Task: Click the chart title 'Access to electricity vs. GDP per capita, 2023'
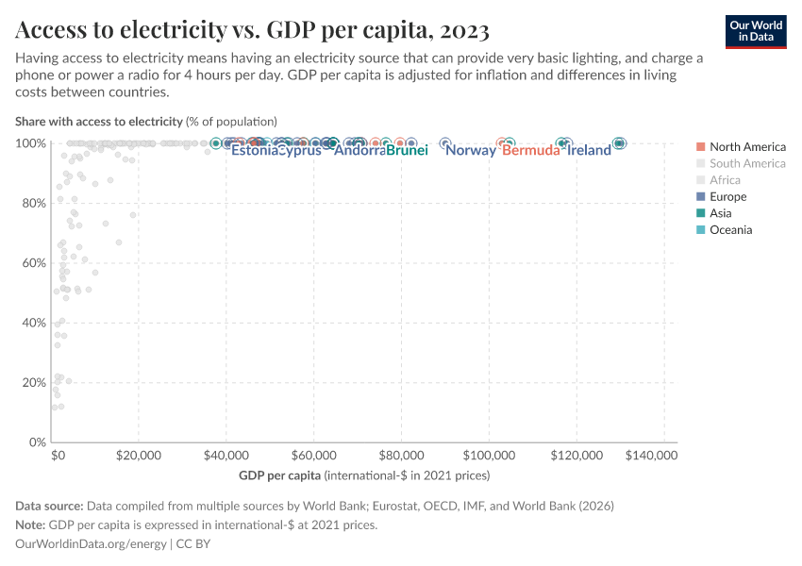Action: tap(252, 31)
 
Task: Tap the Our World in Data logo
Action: tap(755, 31)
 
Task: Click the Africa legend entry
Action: tap(725, 180)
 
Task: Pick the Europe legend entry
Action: tap(727, 196)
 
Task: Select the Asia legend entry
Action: tap(722, 213)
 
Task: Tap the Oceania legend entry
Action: tap(730, 230)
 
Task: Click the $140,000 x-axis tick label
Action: tap(651, 455)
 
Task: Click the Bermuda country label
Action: tap(531, 151)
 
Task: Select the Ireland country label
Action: tap(590, 151)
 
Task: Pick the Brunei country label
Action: tap(408, 151)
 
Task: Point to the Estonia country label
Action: tap(255, 151)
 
